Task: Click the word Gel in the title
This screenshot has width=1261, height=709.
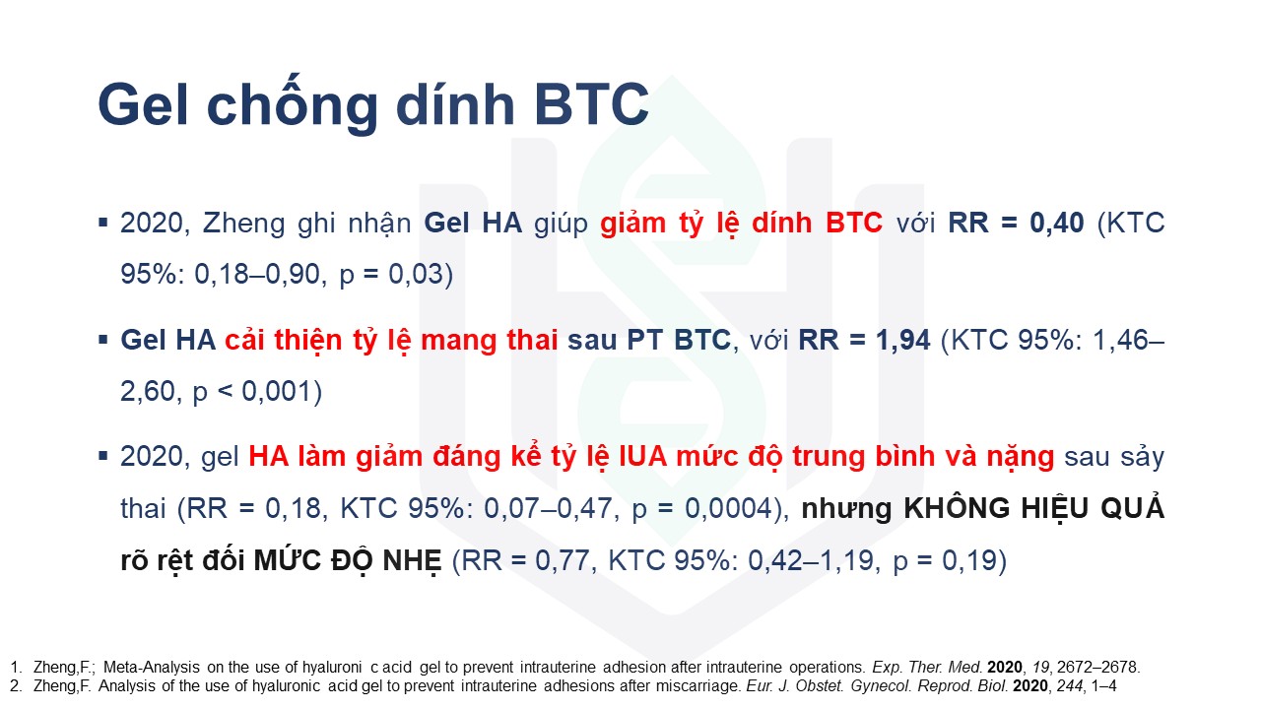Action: pos(143,104)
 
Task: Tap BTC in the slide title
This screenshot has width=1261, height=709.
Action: pos(592,104)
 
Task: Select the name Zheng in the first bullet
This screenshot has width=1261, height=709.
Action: pos(243,224)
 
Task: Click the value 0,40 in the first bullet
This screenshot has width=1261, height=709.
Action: pos(1057,223)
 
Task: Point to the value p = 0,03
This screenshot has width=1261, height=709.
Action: pos(392,275)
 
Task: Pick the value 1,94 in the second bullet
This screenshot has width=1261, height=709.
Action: pos(903,340)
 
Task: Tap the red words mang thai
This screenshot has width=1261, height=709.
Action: pos(490,341)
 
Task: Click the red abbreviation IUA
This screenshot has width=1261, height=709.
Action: pos(643,456)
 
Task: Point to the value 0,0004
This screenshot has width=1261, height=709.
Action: pos(728,509)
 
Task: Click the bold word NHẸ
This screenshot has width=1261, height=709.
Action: pos(413,561)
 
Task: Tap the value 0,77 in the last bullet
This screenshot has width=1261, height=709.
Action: pos(562,560)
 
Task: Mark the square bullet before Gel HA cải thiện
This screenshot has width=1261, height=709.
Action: pos(103,340)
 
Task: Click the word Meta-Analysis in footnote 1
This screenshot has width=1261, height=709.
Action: pos(152,668)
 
